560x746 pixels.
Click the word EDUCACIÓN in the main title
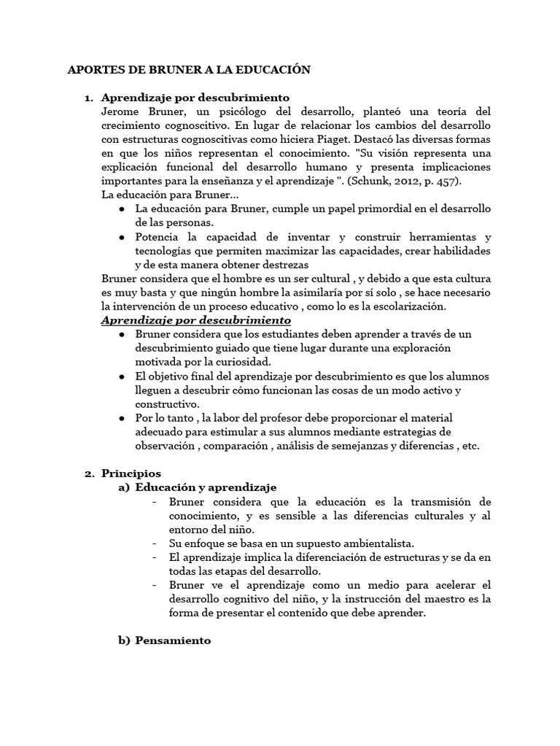271,70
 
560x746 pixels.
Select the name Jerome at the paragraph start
120,112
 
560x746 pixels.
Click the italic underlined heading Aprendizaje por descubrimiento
195,320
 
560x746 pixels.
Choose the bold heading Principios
131,474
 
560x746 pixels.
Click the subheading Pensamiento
174,640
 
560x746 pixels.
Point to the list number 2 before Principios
89,474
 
